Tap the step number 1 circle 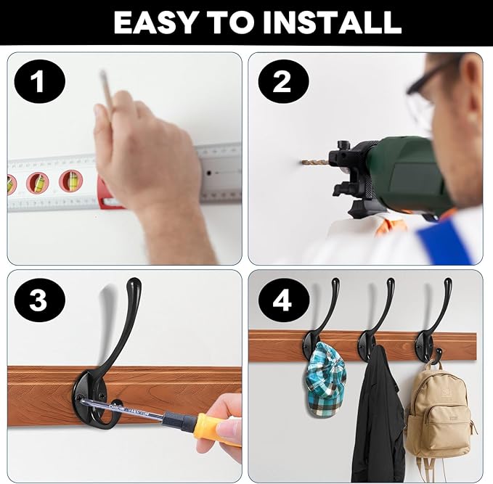[x=38, y=81]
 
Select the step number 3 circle [x=38, y=300]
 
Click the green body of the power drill [x=399, y=171]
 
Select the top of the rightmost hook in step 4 [x=447, y=283]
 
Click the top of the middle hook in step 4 [x=391, y=283]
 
